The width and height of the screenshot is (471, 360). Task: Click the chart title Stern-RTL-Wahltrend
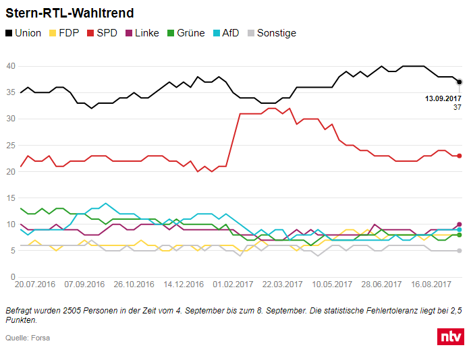69,13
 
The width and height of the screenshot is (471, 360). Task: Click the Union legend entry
24,33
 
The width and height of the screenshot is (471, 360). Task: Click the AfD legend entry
228,33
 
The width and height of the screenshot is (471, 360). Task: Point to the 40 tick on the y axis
11,66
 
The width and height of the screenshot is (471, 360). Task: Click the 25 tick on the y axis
11,146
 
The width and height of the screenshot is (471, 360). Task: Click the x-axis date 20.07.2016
35,285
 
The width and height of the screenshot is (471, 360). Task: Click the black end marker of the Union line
459,82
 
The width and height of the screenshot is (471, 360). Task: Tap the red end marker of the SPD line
459,156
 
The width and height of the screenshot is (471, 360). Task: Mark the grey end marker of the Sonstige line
459,251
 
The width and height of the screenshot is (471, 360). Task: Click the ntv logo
449,336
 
